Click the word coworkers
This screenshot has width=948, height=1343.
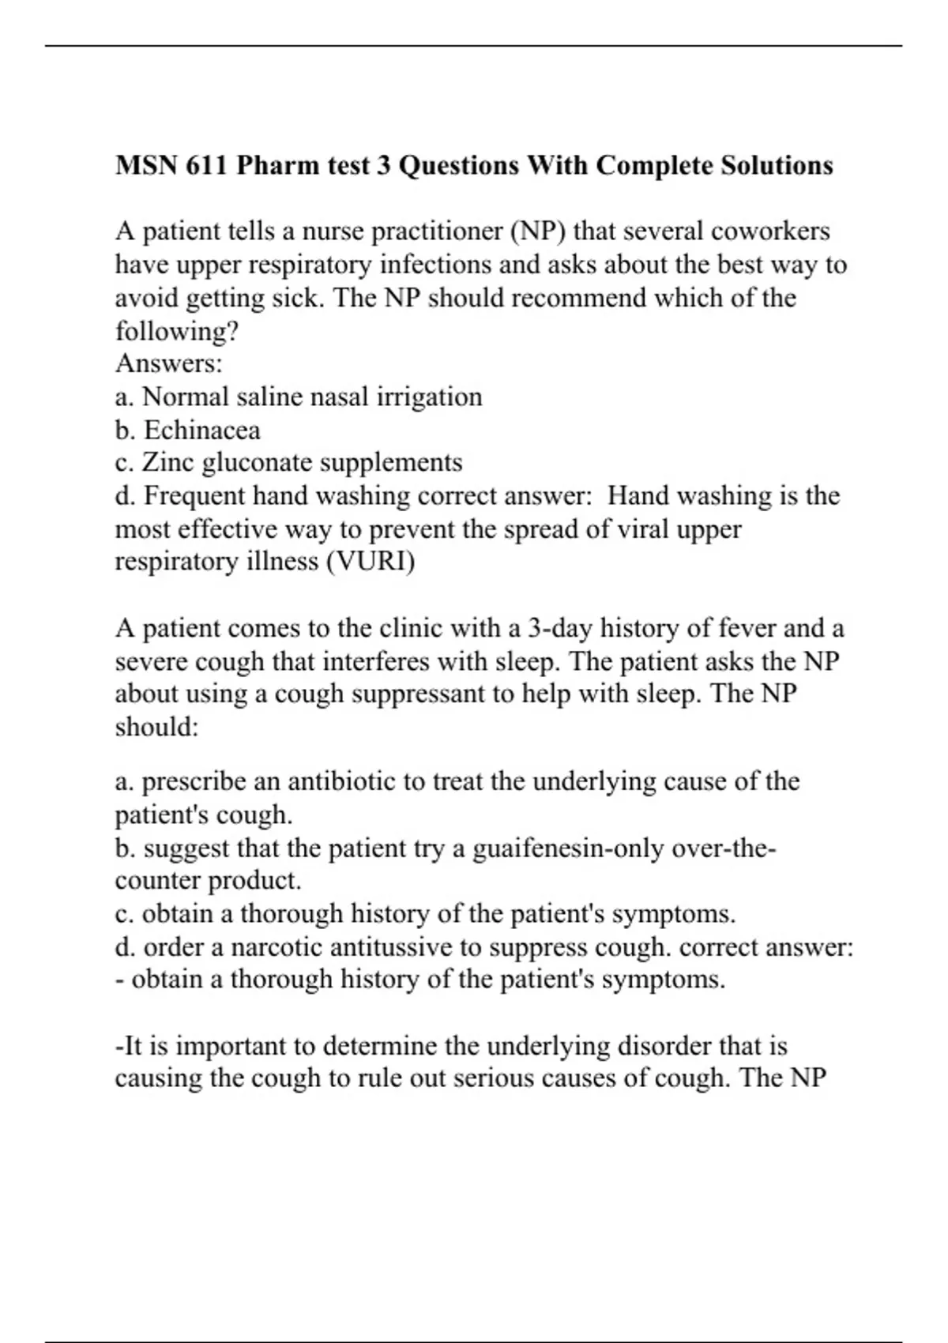[770, 231]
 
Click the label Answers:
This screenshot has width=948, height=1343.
[169, 363]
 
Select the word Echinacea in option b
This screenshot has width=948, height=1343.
[202, 430]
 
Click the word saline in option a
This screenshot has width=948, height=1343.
[261, 397]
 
